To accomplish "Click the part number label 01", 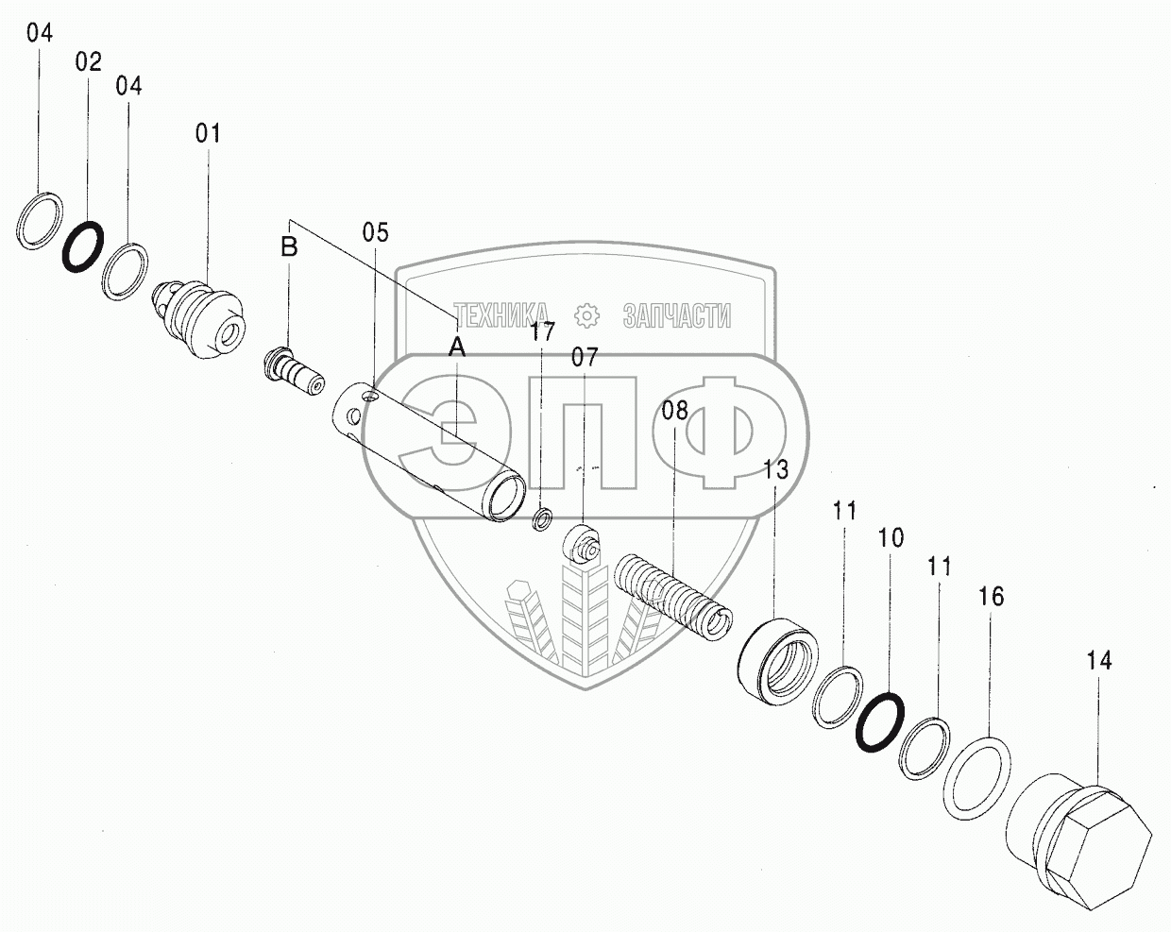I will point(208,133).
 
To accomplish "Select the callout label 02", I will point(88,62).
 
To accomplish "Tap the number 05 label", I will point(375,232).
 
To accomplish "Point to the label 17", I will point(542,331).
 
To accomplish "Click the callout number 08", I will point(675,411).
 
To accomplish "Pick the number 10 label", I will point(890,538).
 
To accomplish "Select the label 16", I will point(991,597).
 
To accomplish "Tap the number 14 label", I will point(1098,661).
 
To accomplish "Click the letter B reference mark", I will point(289,248).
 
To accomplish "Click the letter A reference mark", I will point(456,347).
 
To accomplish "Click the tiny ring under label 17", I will point(543,518).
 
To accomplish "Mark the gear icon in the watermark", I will point(585,314).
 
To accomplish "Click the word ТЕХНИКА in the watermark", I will point(501,315).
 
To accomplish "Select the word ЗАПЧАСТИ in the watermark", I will point(676,315).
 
